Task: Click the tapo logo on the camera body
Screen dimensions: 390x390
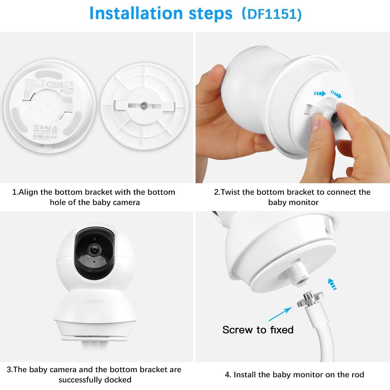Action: point(93,301)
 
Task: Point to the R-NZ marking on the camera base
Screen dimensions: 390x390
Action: point(46,127)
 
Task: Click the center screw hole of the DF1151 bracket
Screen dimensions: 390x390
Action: point(143,106)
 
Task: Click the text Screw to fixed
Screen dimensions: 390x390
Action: point(258,330)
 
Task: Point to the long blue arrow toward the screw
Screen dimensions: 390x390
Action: point(280,314)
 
